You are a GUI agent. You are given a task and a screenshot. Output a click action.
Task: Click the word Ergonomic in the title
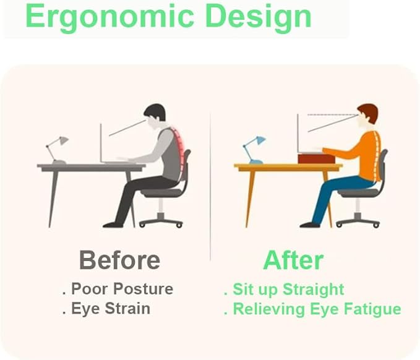tap(109, 17)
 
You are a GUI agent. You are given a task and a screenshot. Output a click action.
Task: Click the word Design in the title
tap(259, 17)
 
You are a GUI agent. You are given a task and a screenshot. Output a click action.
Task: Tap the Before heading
tap(119, 260)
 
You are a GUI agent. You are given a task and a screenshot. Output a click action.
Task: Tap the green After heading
tap(293, 260)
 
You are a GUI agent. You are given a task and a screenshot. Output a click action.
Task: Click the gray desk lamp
tap(57, 150)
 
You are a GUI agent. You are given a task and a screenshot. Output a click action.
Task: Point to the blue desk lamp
tap(254, 150)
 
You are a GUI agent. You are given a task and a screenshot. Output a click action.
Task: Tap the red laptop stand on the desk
tap(316, 158)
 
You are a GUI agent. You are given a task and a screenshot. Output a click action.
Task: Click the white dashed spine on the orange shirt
tap(378, 155)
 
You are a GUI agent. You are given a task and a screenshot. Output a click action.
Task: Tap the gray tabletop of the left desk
tap(92, 167)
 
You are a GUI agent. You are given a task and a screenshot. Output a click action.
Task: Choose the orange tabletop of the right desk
tap(288, 167)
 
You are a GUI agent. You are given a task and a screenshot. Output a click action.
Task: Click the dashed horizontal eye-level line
tap(333, 115)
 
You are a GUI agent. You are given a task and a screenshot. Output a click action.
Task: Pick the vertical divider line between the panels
tap(210, 186)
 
